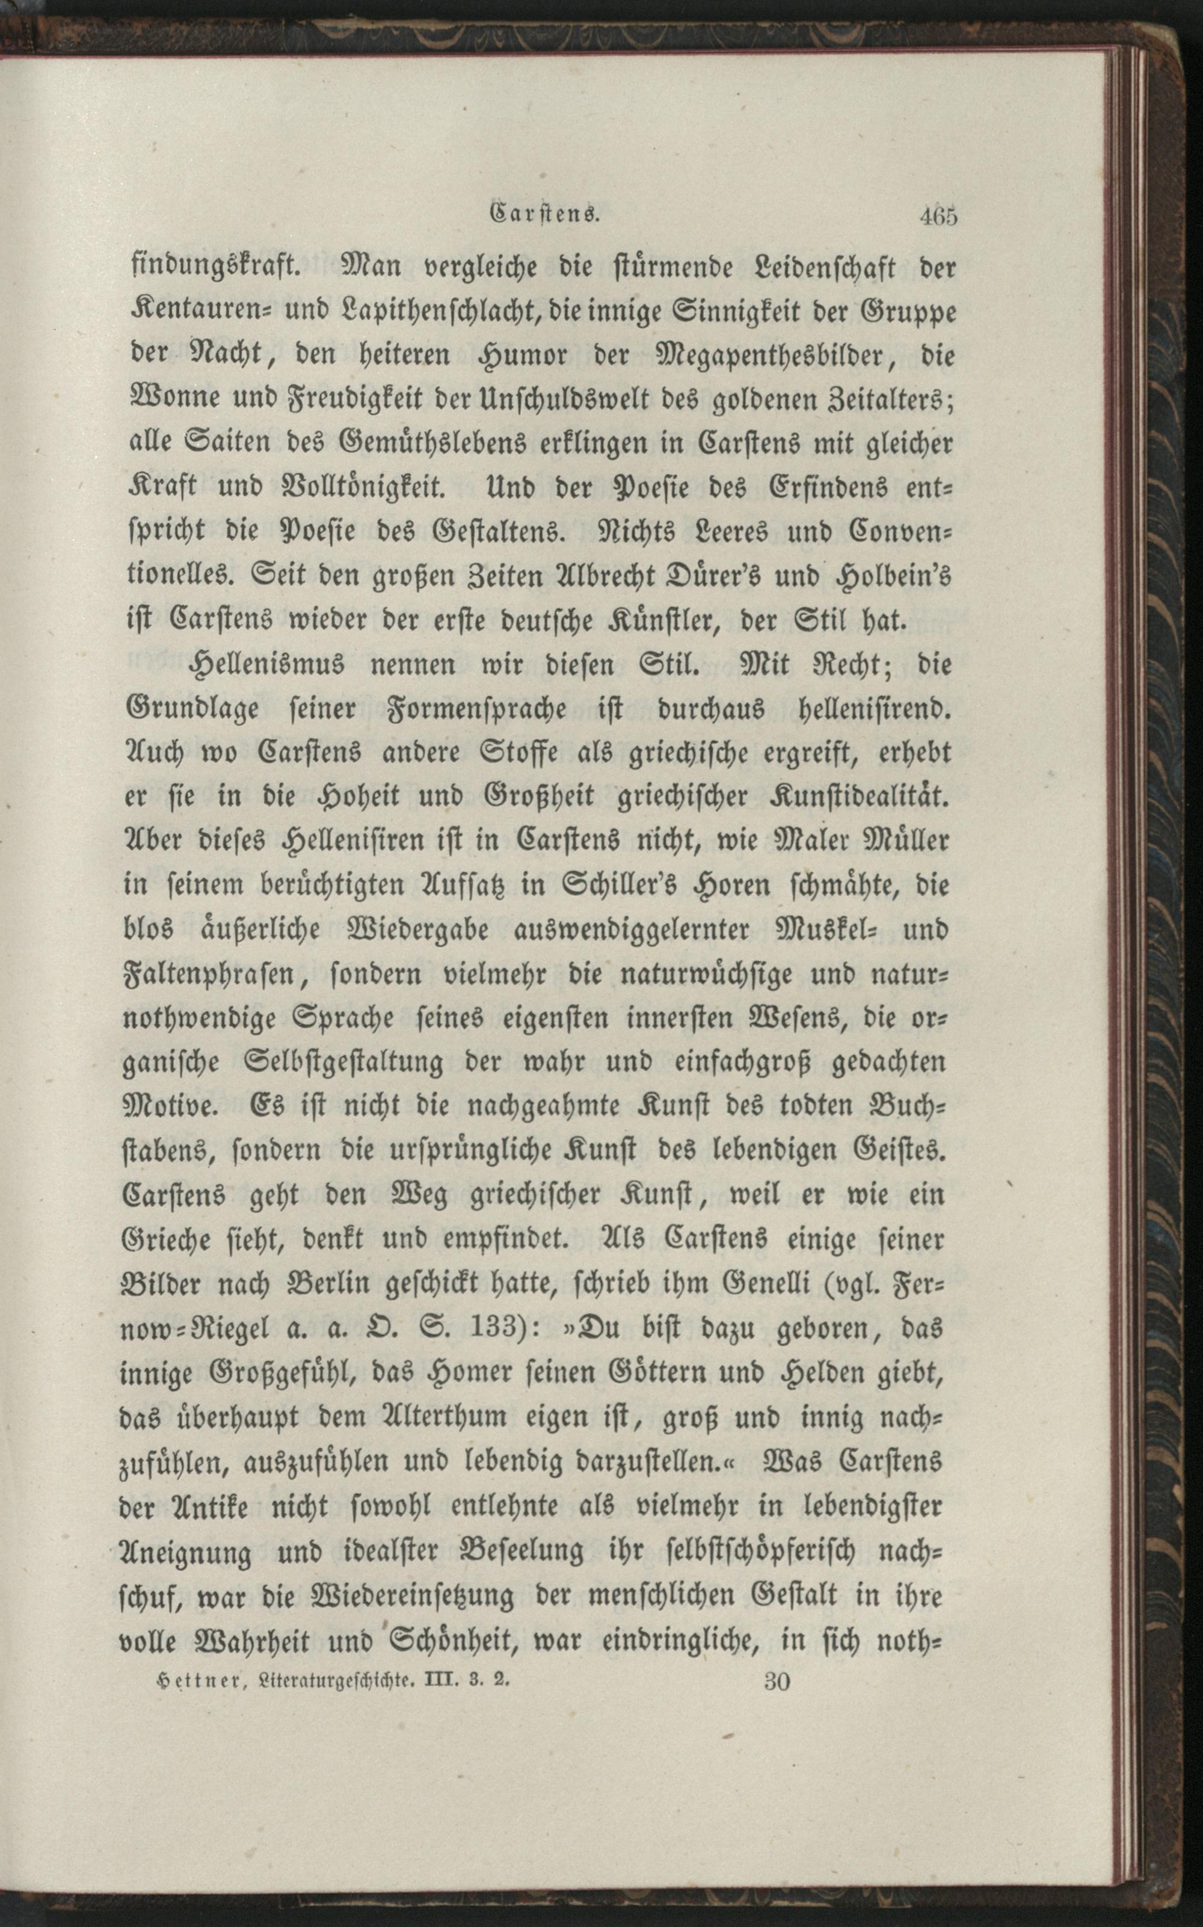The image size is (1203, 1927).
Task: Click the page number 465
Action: click(x=939, y=217)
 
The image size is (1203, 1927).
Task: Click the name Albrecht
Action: click(x=616, y=575)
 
